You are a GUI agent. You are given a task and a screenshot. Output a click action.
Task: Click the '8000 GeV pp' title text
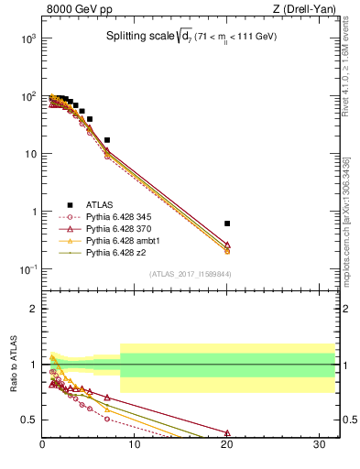pyautogui.click(x=76, y=9)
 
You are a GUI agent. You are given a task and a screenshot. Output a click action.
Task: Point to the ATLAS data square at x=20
pyautogui.click(x=227, y=223)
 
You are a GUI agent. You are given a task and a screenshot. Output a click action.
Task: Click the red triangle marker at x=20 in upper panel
pyautogui.click(x=227, y=245)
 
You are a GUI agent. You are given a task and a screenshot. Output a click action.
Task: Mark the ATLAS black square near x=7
pyautogui.click(x=107, y=140)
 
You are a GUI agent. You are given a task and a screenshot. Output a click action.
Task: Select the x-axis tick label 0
pyautogui.click(x=43, y=445)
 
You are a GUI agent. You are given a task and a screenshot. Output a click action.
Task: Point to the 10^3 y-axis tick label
pyautogui.click(x=27, y=38)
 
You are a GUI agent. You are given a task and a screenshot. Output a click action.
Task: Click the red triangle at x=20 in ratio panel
pyautogui.click(x=227, y=433)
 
